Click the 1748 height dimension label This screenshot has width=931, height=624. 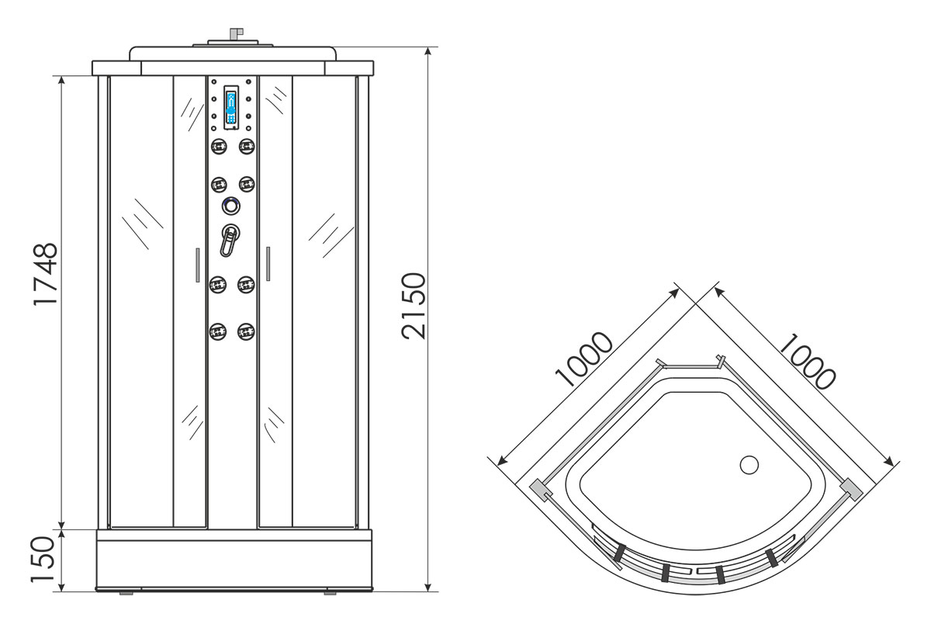click(x=45, y=275)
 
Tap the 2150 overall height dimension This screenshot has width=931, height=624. click(x=414, y=306)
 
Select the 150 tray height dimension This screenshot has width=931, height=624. click(x=43, y=560)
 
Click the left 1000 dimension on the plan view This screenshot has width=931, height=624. click(x=583, y=359)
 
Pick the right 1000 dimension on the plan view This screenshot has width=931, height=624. click(x=807, y=362)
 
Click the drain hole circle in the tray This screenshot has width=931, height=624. click(x=749, y=465)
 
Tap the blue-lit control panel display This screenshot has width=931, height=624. click(x=231, y=108)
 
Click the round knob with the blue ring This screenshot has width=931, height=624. click(x=230, y=206)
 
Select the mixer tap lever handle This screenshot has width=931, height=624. click(x=229, y=241)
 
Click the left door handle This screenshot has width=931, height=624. click(x=197, y=265)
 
